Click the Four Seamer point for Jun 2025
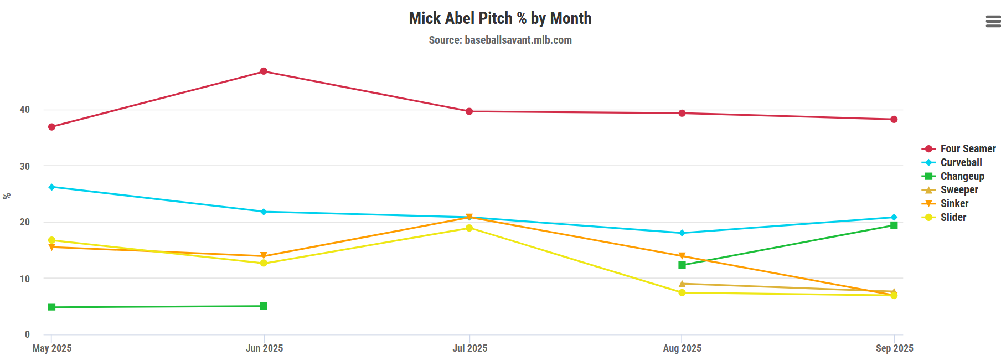[x=264, y=71]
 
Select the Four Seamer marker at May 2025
[x=51, y=127]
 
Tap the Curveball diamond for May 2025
[x=51, y=187]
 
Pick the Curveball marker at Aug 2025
[x=682, y=233]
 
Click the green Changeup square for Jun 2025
[x=264, y=306]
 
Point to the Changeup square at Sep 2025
[x=894, y=225]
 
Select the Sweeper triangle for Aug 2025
[x=682, y=284]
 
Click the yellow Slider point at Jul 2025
[x=469, y=228]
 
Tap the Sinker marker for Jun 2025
[x=264, y=256]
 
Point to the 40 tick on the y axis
[x=25, y=110]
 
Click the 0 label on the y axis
[x=27, y=335]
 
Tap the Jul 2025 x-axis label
[x=469, y=348]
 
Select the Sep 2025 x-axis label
[x=894, y=348]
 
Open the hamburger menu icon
[x=993, y=22]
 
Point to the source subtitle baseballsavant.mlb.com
[x=500, y=40]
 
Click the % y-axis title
[x=7, y=196]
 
